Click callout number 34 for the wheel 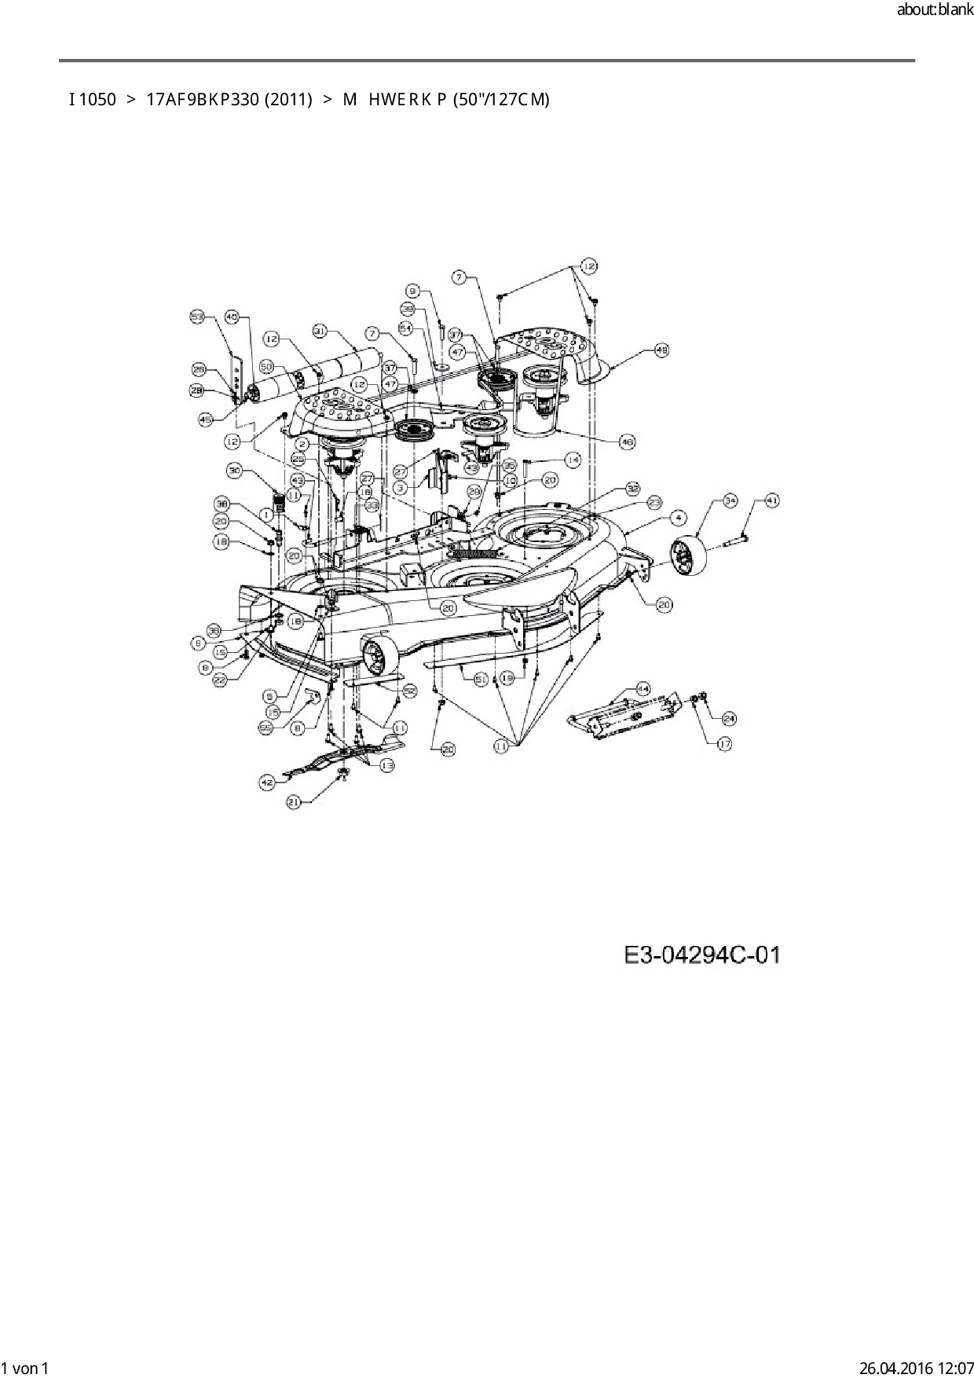pos(730,500)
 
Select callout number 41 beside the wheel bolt pos(772,500)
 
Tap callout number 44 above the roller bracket pos(643,689)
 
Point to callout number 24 pos(729,718)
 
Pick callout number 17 pos(724,743)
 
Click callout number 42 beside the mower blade pos(268,782)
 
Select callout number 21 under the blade pos(294,802)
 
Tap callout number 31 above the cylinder pos(320,332)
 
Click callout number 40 pos(233,317)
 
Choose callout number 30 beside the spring pos(234,471)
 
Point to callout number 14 pos(573,459)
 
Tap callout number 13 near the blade pos(387,764)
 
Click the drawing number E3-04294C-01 pos(701,955)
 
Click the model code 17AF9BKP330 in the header pos(203,100)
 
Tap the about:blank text pos(934,10)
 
